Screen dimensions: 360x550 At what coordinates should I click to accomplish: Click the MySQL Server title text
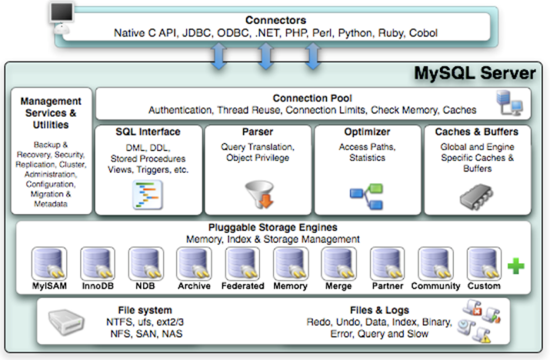[475, 74]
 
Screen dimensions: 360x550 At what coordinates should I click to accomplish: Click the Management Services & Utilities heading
[51, 112]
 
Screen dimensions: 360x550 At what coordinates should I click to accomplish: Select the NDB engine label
[145, 286]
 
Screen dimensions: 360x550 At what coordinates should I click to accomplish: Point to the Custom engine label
[484, 286]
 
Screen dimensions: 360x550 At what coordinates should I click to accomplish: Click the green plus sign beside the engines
[515, 266]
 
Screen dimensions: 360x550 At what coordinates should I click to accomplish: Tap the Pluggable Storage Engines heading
[273, 228]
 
